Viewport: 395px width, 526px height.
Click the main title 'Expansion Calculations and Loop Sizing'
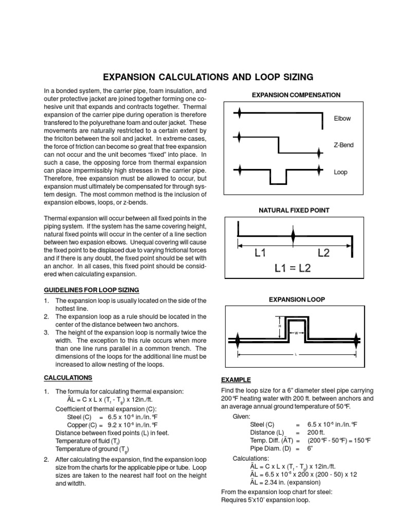[x=208, y=77]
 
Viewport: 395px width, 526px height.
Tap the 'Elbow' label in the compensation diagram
[x=342, y=119]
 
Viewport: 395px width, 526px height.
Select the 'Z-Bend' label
[x=344, y=145]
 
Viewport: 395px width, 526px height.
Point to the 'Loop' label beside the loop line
[x=340, y=173]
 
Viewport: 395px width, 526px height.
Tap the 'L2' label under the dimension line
[x=324, y=253]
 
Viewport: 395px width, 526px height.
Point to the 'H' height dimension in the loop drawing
[x=280, y=326]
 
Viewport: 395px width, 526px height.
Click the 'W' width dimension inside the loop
[x=297, y=333]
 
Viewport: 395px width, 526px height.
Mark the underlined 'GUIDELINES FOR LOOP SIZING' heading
[x=91, y=290]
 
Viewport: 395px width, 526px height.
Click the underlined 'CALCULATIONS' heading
[x=68, y=378]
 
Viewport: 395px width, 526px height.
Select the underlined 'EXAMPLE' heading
[x=236, y=380]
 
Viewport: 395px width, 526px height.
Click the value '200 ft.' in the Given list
[x=319, y=433]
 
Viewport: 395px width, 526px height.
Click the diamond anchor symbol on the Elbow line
[x=239, y=113]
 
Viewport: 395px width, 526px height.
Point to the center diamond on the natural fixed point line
[x=293, y=237]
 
